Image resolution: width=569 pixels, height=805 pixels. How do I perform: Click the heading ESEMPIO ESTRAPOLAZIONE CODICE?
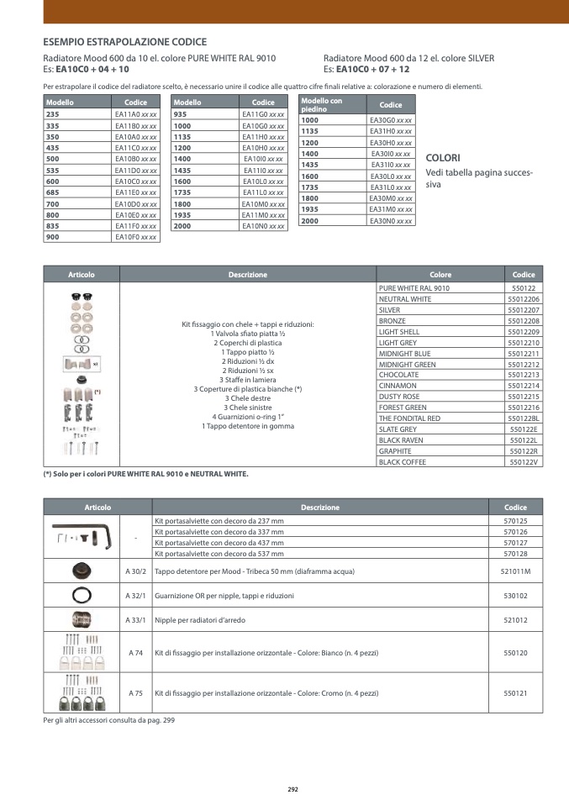tap(124, 41)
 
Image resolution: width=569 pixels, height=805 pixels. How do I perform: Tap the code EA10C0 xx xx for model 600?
tap(136, 182)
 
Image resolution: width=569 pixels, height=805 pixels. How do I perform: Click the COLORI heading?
tap(443, 158)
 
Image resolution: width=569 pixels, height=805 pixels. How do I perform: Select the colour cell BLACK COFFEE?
tap(403, 462)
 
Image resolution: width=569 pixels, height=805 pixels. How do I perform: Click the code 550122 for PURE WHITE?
tap(524, 288)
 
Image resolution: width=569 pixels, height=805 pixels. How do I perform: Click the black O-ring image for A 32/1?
tap(82, 595)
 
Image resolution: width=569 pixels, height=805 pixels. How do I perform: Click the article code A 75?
tap(136, 693)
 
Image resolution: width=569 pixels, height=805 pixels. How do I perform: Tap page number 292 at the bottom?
tap(293, 789)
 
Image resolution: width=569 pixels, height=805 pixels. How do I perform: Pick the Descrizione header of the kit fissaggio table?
tap(248, 275)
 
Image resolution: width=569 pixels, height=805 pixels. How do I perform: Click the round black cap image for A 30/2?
tap(82, 571)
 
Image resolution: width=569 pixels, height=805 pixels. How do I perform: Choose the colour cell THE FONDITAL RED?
tap(409, 418)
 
